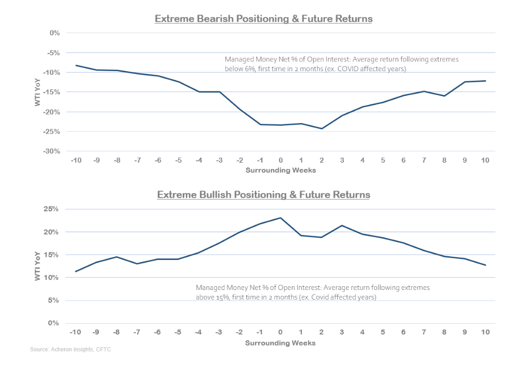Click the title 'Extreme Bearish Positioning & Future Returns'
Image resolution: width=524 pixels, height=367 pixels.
[x=263, y=19]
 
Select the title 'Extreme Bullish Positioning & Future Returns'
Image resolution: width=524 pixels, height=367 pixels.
[x=263, y=195]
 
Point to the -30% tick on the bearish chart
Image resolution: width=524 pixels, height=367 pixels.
[x=51, y=151]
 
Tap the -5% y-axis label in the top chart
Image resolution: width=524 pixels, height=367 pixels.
[x=53, y=53]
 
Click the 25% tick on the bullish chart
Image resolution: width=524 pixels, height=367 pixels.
[x=52, y=209]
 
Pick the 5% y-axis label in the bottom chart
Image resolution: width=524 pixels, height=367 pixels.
[x=54, y=300]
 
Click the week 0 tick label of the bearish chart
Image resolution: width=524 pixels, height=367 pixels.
[x=280, y=160]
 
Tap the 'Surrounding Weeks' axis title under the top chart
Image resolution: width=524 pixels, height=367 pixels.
[x=280, y=170]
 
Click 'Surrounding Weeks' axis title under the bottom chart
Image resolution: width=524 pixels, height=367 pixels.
[x=280, y=343]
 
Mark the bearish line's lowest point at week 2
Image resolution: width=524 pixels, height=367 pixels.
[x=322, y=128]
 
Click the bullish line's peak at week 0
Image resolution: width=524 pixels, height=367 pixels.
[x=280, y=218]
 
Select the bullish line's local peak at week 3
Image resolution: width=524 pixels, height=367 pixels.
[x=342, y=226]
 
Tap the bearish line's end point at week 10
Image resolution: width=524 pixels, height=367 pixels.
[x=485, y=81]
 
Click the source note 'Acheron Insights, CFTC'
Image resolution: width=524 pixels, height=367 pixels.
[x=80, y=350]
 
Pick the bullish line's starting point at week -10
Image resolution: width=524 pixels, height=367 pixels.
[x=76, y=271]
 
